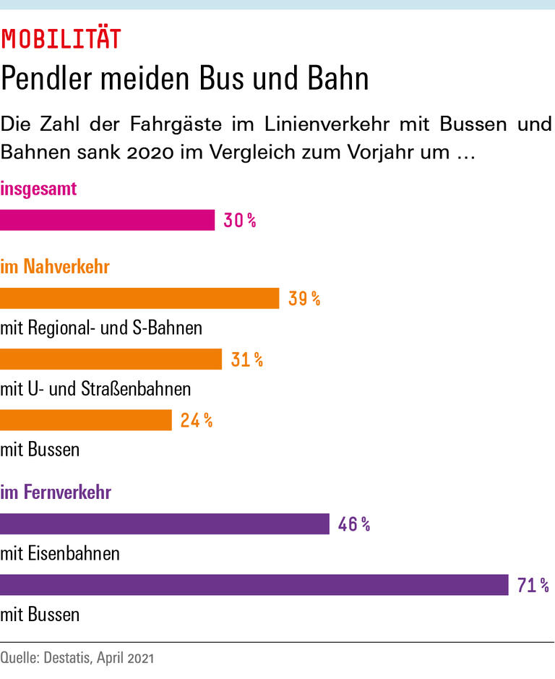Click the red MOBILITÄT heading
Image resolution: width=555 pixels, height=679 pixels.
pyautogui.click(x=61, y=40)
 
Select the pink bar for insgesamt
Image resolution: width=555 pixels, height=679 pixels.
pyautogui.click(x=107, y=221)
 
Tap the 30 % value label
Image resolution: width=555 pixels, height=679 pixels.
pyautogui.click(x=240, y=221)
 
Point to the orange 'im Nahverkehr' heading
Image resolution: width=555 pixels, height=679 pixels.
pyautogui.click(x=55, y=267)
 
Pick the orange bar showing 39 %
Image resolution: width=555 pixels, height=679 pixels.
pyautogui.click(x=139, y=299)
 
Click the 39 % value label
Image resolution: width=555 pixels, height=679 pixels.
pyautogui.click(x=304, y=299)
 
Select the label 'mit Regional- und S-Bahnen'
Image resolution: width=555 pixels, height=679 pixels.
pyautogui.click(x=101, y=328)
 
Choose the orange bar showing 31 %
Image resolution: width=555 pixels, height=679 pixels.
pyautogui.click(x=111, y=359)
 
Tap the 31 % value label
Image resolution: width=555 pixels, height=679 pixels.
pyautogui.click(x=247, y=359)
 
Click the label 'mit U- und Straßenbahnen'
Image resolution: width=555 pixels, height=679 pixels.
pyautogui.click(x=96, y=389)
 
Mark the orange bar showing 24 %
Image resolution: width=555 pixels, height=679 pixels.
pyautogui.click(x=86, y=420)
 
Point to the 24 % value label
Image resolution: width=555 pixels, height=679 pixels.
pyautogui.click(x=197, y=420)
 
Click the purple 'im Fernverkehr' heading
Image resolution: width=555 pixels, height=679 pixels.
pyautogui.click(x=56, y=493)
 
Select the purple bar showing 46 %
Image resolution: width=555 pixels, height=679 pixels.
pyautogui.click(x=165, y=524)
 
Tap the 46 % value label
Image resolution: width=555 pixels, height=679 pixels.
pyautogui.click(x=354, y=524)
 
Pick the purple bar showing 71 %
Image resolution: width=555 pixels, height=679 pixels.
pyautogui.click(x=254, y=585)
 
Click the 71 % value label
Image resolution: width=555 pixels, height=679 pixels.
pyautogui.click(x=533, y=585)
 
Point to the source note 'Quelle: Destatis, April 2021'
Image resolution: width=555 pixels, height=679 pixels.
pyautogui.click(x=77, y=659)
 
